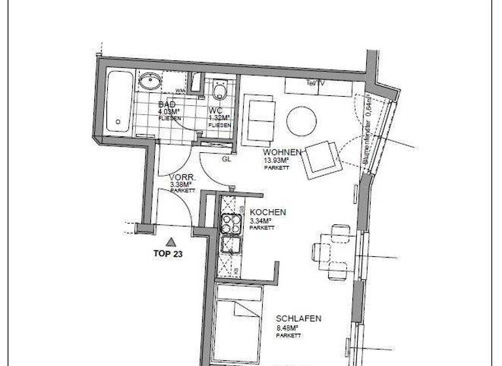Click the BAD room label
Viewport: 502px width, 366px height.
[x=167, y=104]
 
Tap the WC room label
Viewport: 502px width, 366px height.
[x=216, y=110]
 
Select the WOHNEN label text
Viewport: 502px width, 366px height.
[x=282, y=152]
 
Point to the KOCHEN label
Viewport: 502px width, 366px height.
[x=268, y=212]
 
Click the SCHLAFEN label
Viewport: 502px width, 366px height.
[x=297, y=318]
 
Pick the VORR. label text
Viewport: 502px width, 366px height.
[x=180, y=177]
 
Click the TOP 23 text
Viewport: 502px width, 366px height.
[x=167, y=255]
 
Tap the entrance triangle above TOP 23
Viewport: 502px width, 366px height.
[x=171, y=241]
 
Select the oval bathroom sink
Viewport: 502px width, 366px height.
[x=151, y=82]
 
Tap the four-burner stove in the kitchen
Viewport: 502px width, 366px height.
[x=230, y=225]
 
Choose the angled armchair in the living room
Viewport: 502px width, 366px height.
[x=321, y=158]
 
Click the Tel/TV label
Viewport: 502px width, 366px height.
[x=316, y=84]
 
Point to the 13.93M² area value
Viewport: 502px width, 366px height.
[x=275, y=160]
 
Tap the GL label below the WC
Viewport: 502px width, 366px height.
[x=227, y=159]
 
